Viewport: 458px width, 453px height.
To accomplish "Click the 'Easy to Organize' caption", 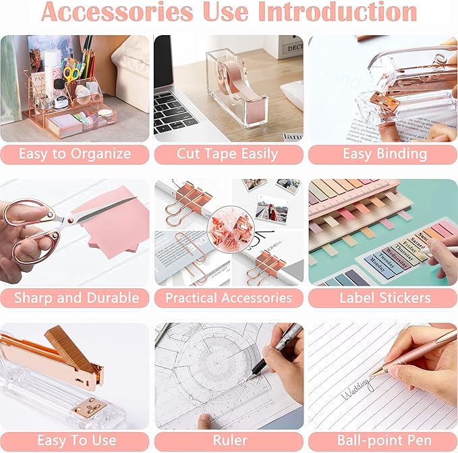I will pyautogui.click(x=75, y=154).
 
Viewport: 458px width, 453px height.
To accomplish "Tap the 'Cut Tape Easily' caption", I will pyautogui.click(x=227, y=154).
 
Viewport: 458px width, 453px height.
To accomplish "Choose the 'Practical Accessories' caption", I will pyautogui.click(x=229, y=298).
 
